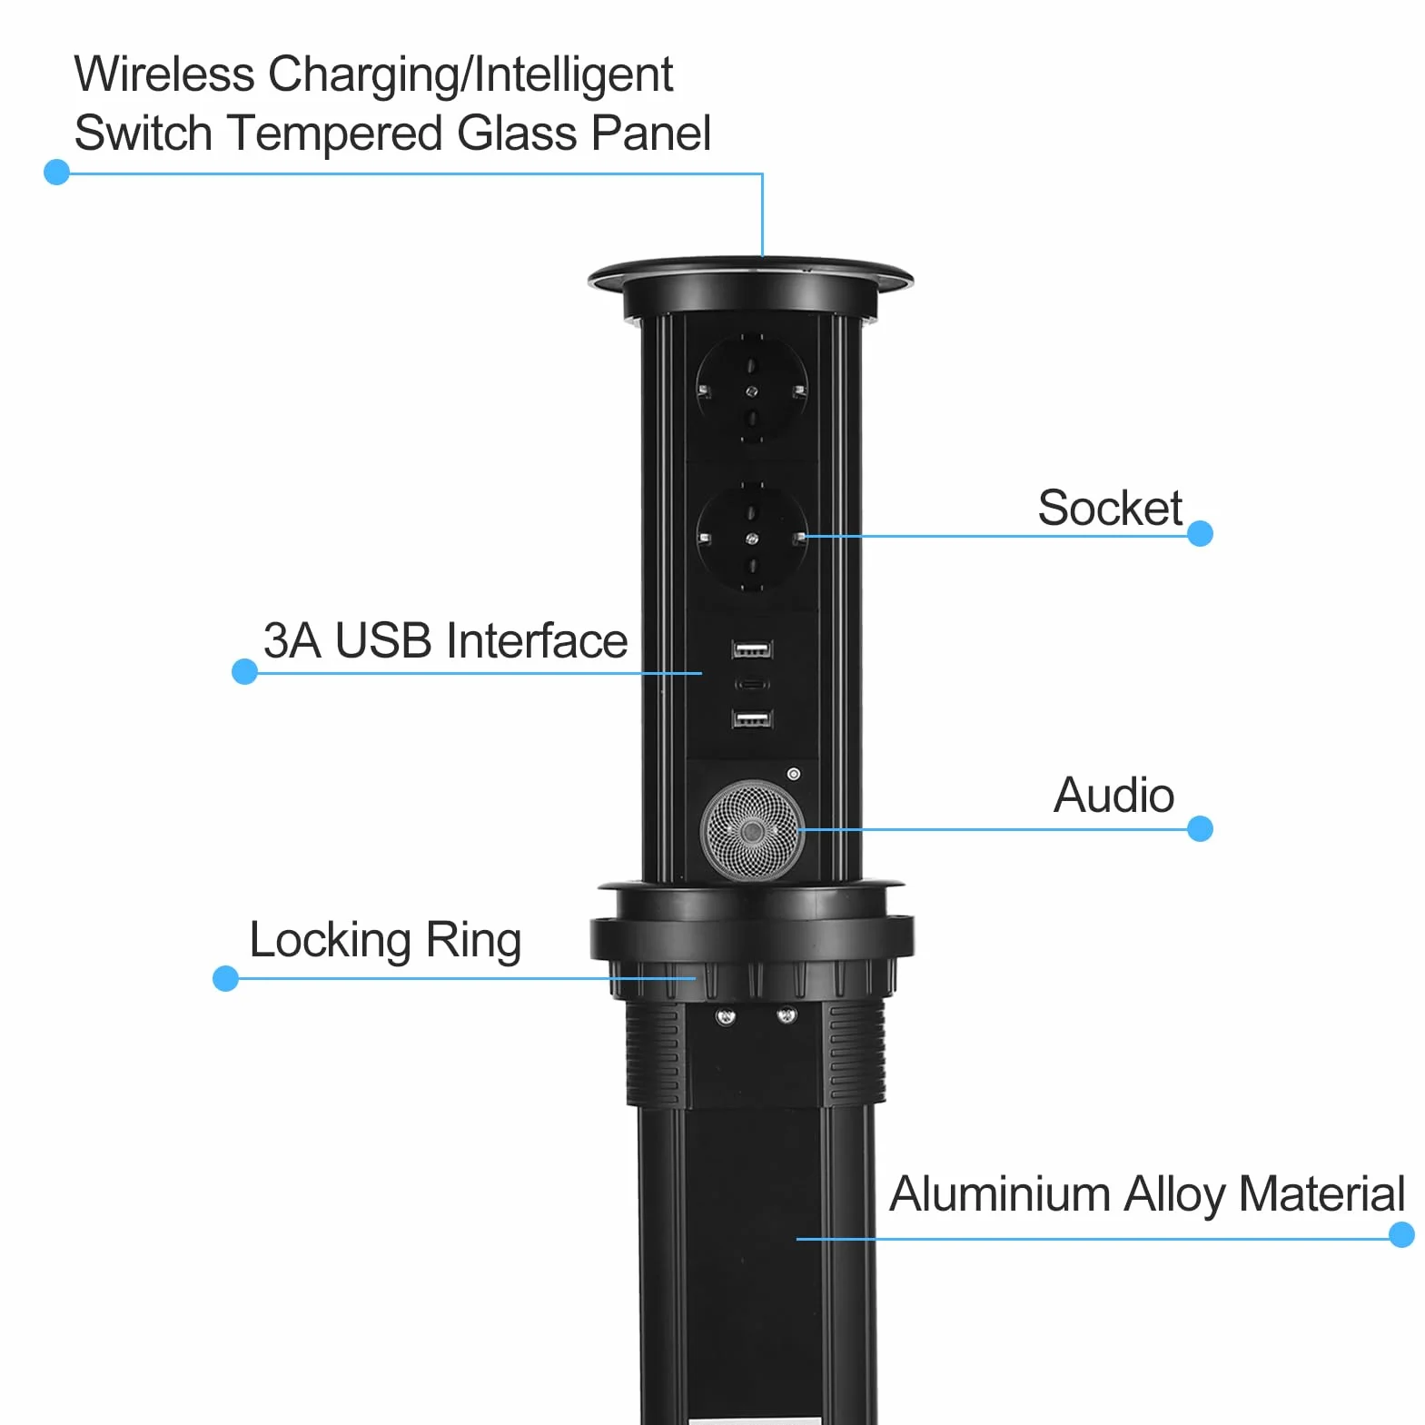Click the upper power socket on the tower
[751, 389]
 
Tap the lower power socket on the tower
[751, 538]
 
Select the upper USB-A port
[752, 648]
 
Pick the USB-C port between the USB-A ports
[752, 684]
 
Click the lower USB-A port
[752, 718]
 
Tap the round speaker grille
[752, 830]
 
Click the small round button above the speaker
[794, 774]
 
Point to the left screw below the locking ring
[726, 1015]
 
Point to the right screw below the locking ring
[787, 1014]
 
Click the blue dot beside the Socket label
[1200, 533]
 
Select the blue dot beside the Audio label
[1200, 828]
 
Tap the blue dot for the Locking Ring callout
[225, 978]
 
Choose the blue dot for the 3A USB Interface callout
[244, 671]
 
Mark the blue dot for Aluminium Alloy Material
[1401, 1234]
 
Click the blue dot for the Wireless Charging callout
[56, 172]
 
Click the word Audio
[1113, 795]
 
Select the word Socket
[1110, 507]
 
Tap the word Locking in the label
[331, 941]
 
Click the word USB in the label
[383, 640]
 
